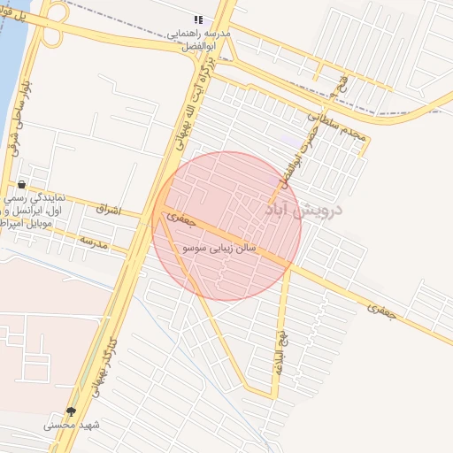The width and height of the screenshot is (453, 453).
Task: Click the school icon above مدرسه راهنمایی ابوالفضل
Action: [198, 19]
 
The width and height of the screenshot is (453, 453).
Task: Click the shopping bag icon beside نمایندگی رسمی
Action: [21, 185]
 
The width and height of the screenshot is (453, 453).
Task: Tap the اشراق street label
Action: [106, 211]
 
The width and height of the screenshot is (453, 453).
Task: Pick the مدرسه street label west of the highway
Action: [92, 241]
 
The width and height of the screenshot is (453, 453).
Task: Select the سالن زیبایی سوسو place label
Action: [219, 250]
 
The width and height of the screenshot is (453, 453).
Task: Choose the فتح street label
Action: [342, 85]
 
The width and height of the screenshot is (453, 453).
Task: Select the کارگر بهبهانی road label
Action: [103, 362]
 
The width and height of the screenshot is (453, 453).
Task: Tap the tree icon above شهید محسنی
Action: [71, 411]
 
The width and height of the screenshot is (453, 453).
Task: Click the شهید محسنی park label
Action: [73, 426]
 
